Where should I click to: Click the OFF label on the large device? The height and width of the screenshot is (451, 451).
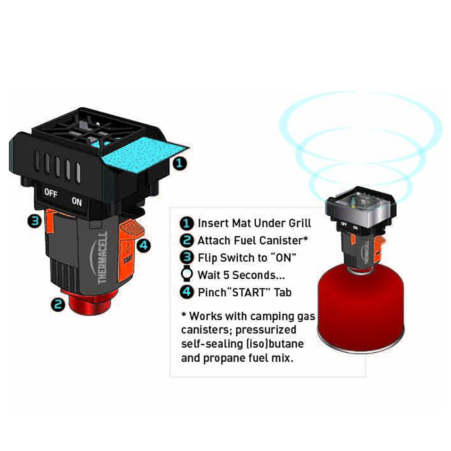point(51,193)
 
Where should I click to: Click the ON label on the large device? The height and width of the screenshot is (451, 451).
point(77,201)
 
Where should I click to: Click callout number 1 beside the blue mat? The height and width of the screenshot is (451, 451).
point(180,164)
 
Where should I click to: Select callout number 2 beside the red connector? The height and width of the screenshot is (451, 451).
point(58,304)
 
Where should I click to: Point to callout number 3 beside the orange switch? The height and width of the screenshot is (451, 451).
point(35,221)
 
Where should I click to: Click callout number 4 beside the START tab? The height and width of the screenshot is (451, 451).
point(143,246)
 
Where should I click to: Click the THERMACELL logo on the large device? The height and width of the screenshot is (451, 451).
point(103,258)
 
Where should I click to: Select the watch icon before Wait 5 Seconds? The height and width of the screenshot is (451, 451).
point(187,273)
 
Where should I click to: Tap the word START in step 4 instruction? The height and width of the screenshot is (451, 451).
point(250,292)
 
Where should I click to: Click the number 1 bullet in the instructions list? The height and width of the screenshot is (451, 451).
point(187,223)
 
